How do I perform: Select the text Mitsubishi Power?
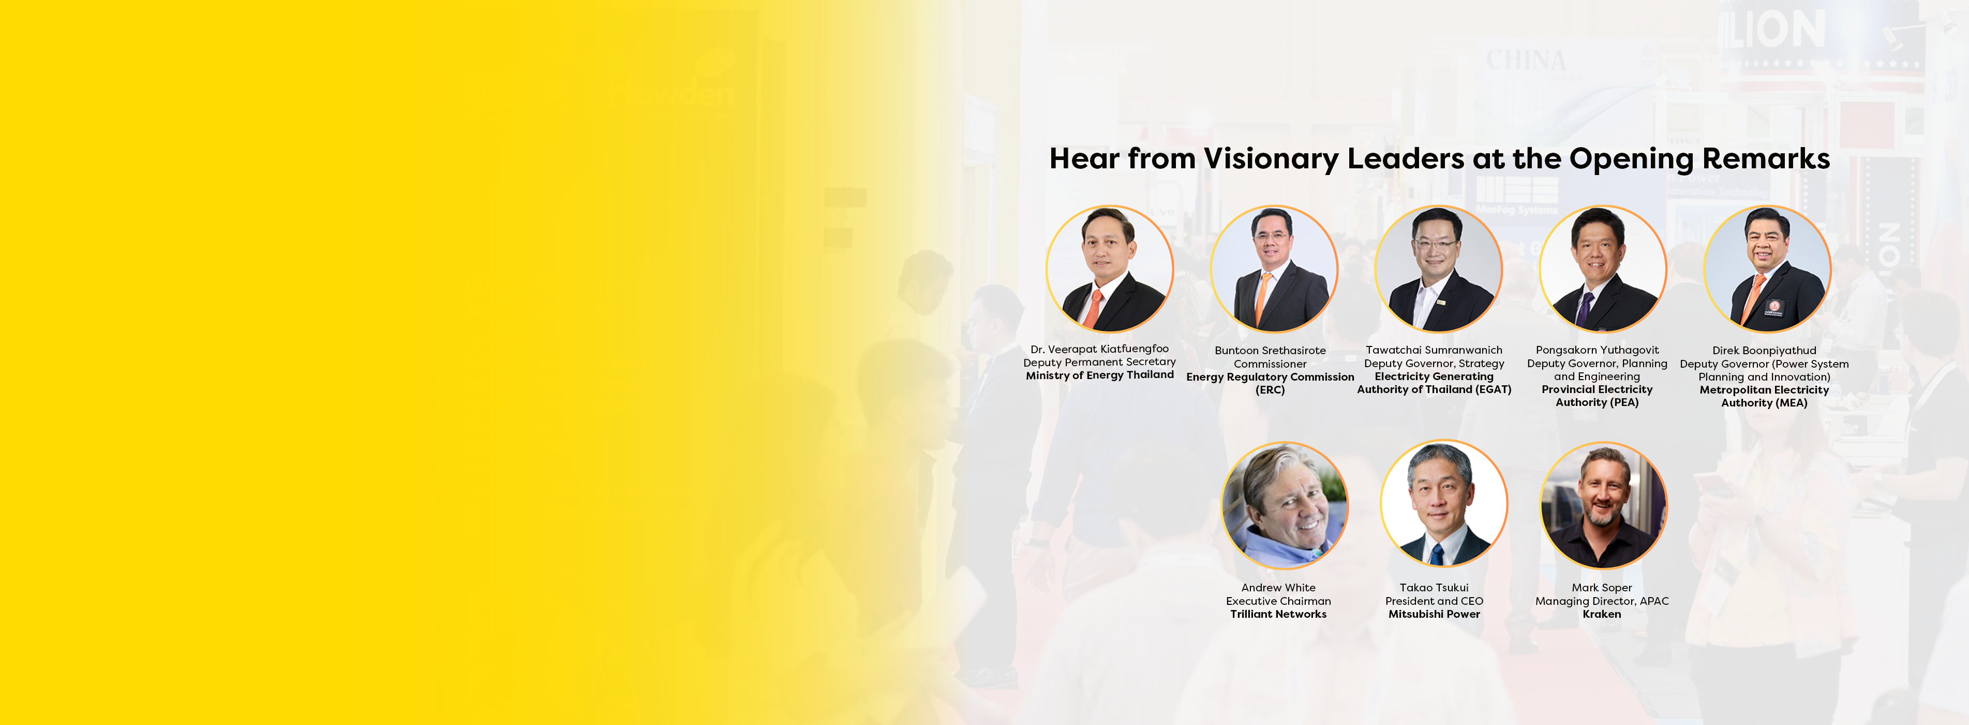click(x=1434, y=614)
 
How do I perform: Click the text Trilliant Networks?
click(x=1278, y=614)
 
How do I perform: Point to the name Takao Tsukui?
click(x=1434, y=587)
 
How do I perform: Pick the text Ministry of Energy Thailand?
click(x=1099, y=375)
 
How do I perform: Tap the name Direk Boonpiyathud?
click(x=1764, y=350)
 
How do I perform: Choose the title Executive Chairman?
click(x=1278, y=601)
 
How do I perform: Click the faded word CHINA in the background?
click(x=1525, y=60)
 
